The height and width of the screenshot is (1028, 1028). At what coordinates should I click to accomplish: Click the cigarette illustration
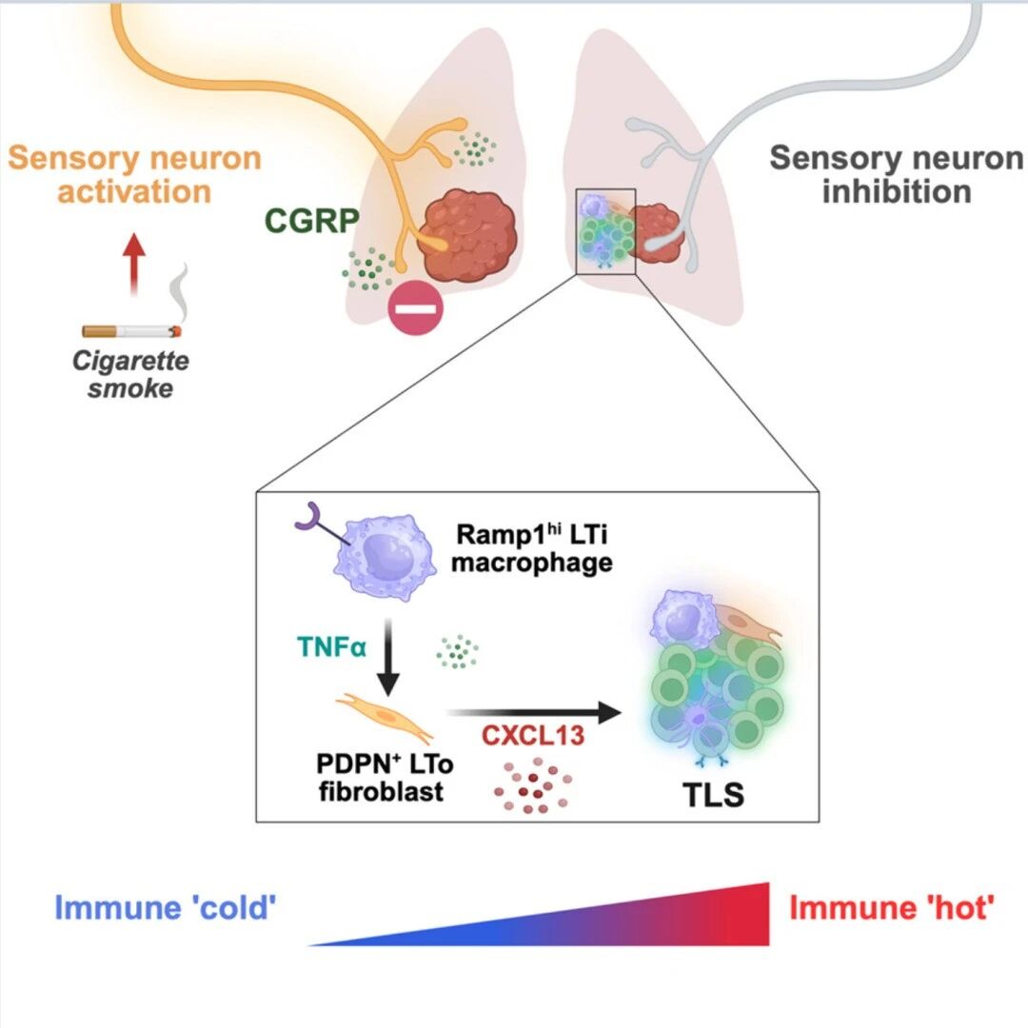(131, 331)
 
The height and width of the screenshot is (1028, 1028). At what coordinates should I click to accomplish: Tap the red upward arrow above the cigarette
(134, 264)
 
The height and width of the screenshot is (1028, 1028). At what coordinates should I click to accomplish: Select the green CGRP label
(312, 220)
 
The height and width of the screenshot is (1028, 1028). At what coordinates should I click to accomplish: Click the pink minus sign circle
(416, 308)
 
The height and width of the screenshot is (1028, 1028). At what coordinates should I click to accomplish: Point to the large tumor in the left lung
(466, 235)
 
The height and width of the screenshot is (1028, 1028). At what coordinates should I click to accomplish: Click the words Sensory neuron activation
(134, 175)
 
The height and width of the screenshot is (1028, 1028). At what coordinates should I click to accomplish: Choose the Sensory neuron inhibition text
(897, 175)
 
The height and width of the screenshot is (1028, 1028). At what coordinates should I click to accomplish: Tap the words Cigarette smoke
(130, 374)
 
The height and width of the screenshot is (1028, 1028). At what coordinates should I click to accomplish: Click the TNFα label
(332, 647)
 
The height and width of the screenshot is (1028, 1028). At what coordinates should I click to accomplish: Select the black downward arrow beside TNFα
(388, 656)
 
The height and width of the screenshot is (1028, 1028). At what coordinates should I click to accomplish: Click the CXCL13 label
(532, 736)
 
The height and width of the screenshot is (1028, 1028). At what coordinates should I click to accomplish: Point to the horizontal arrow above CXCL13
(534, 712)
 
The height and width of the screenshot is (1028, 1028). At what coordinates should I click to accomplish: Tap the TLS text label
(713, 795)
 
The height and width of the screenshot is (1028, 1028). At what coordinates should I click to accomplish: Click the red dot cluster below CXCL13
(532, 785)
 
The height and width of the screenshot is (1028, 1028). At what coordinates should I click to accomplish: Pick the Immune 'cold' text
(166, 908)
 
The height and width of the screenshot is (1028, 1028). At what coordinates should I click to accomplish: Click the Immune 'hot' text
(892, 908)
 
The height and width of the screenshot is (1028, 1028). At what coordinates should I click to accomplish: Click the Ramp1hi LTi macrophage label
(532, 548)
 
